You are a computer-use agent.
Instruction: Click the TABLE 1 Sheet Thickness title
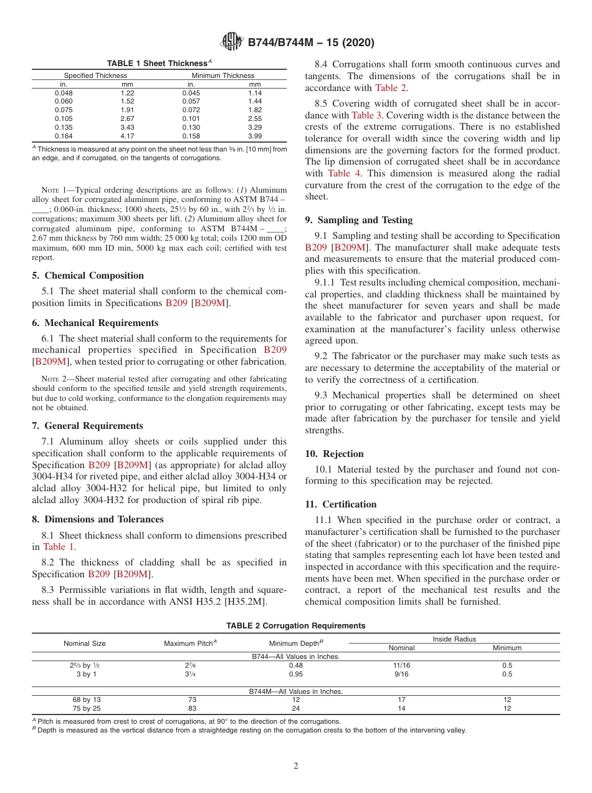tap(159, 64)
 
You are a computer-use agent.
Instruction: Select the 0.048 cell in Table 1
tap(64, 93)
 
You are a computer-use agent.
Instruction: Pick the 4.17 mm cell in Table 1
tap(127, 136)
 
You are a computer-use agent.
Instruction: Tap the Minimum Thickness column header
tap(222, 75)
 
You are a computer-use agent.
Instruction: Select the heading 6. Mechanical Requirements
tap(95, 323)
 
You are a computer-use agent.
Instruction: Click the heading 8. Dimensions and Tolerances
tap(97, 519)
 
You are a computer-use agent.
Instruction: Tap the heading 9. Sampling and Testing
tap(358, 220)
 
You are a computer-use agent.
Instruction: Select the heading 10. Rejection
tap(334, 454)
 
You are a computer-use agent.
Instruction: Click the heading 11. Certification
tap(340, 504)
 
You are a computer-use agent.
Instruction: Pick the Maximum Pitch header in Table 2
tap(189, 643)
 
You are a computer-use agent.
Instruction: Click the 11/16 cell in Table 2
tap(401, 665)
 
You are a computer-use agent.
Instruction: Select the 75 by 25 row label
tap(87, 709)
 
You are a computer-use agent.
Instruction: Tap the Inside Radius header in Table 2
tap(454, 639)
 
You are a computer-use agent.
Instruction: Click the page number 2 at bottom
tap(296, 766)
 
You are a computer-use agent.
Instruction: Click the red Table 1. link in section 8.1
tap(60, 547)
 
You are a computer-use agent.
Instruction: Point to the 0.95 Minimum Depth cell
tap(296, 674)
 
